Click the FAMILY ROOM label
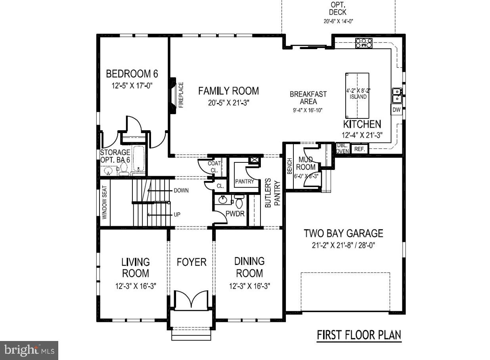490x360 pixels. [228, 91]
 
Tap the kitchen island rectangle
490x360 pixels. [357, 95]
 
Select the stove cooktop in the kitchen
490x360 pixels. [364, 43]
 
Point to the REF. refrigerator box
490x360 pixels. [359, 149]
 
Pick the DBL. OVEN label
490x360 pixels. [342, 149]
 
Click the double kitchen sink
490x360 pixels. [396, 95]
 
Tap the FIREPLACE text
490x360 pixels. [181, 95]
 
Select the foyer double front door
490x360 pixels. [191, 300]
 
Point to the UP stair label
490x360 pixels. [177, 215]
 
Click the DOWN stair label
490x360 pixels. [181, 190]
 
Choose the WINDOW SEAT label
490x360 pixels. [105, 202]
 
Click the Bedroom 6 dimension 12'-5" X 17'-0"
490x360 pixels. [132, 85]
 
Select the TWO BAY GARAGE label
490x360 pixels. [343, 233]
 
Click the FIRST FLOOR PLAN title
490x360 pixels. [359, 335]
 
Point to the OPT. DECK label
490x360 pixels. [338, 9]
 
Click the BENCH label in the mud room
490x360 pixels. [290, 166]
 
